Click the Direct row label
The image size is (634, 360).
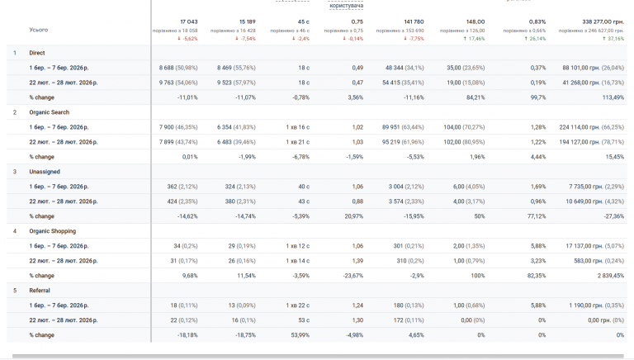[x=36, y=53]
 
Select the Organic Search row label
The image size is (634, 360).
[x=49, y=112]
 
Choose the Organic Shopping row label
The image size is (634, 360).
[x=51, y=231]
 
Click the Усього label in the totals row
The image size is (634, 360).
[x=38, y=30]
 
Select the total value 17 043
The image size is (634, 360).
[x=189, y=21]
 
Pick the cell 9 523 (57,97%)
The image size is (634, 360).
[x=237, y=83]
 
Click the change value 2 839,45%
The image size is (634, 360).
[x=607, y=276]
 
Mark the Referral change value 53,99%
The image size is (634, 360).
[x=296, y=335]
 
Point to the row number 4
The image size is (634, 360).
[x=15, y=231]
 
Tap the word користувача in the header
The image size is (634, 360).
[x=347, y=6]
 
